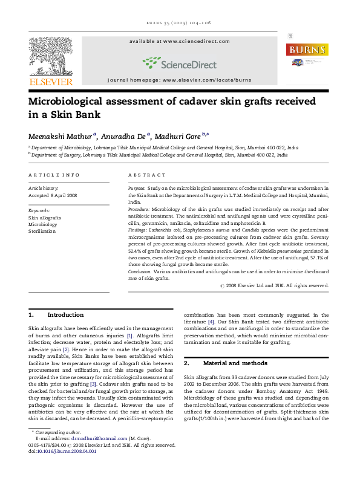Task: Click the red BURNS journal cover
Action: [x=307, y=58]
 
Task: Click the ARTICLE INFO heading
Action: [x=54, y=175]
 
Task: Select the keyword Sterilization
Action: [x=42, y=231]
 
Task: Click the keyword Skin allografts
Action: [x=45, y=217]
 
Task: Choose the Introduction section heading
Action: [x=65, y=315]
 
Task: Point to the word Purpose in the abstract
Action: [x=137, y=189]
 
